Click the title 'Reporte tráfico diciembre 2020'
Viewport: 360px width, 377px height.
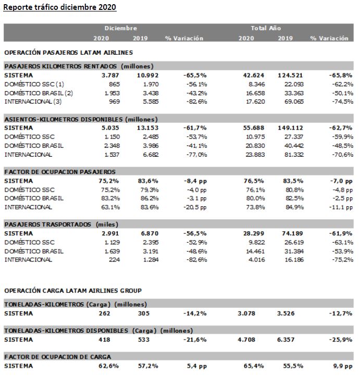[59, 7]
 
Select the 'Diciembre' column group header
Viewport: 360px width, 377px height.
[121, 28]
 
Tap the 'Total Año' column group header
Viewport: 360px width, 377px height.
[266, 28]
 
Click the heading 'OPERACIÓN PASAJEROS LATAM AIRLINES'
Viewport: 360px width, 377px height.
[69, 53]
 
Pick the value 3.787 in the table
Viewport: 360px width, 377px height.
[110, 76]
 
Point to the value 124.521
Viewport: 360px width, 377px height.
[290, 76]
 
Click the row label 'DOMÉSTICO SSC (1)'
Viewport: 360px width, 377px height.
[34, 84]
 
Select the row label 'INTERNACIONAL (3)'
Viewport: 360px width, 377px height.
[33, 102]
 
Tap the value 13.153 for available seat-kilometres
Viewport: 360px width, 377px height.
[147, 128]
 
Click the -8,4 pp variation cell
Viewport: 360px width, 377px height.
[195, 181]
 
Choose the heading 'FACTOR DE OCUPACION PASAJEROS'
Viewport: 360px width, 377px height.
[60, 172]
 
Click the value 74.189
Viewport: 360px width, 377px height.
[292, 233]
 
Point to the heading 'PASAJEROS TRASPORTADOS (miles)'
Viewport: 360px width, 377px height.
[61, 224]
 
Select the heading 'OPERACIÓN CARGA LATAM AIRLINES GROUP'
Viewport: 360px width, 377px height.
[73, 291]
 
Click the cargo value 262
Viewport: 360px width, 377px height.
[104, 313]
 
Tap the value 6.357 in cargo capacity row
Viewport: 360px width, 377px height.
[285, 340]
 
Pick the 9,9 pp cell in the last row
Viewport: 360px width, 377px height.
[343, 366]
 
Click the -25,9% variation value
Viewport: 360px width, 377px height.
[341, 340]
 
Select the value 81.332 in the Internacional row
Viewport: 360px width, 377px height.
[294, 154]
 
